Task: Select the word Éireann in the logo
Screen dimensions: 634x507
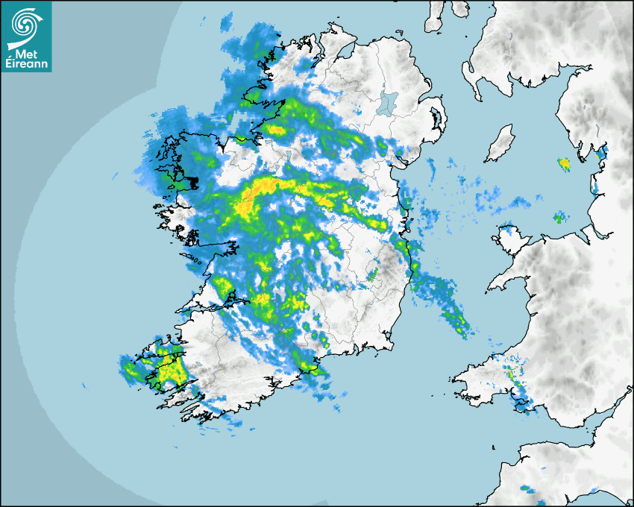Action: coord(27,65)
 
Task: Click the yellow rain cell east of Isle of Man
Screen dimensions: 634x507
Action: coord(565,163)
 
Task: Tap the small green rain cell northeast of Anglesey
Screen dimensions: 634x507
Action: coord(559,218)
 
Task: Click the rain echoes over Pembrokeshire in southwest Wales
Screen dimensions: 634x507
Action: coord(513,377)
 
